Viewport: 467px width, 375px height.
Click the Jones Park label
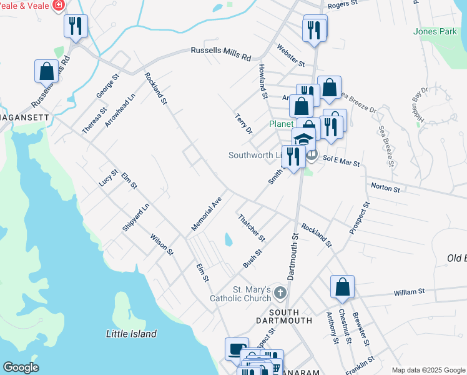click(435, 31)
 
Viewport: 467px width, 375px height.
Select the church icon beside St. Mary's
click(281, 292)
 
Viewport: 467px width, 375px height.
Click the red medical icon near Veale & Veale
click(59, 6)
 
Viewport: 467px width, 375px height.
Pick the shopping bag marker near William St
click(342, 287)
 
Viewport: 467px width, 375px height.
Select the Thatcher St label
click(252, 227)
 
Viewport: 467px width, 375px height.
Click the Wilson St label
click(162, 244)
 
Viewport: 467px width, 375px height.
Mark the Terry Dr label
click(243, 124)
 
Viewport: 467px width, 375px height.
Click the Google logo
click(21, 367)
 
